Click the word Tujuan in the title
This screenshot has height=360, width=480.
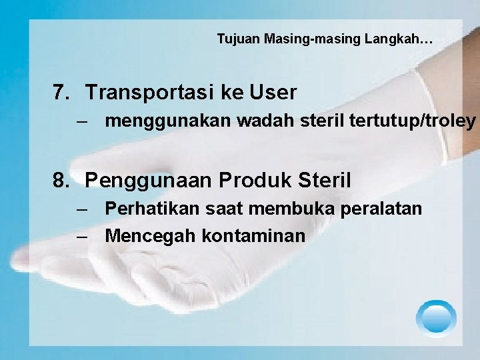(x=238, y=39)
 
